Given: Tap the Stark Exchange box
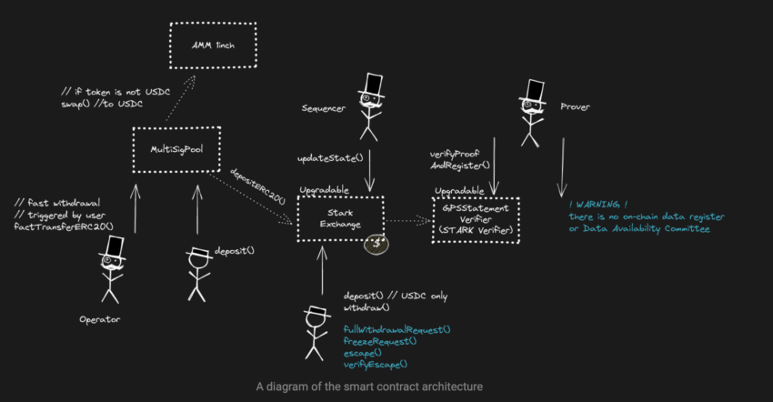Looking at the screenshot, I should point(340,219).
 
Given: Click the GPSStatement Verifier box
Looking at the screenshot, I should point(477,218).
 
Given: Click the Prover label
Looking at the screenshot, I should point(576,107).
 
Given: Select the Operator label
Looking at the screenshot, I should point(99,319).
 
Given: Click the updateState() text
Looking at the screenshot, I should point(329,157).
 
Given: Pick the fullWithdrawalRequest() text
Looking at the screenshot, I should point(397,329).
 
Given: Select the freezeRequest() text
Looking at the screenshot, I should point(380,340).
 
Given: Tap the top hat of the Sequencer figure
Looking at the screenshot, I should point(370,85).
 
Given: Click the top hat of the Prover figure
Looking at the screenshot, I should point(532,91).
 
